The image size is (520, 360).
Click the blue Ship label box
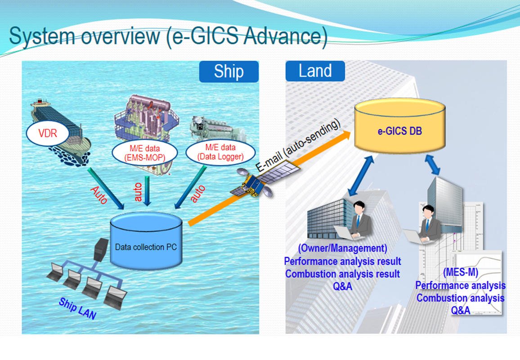[229, 72]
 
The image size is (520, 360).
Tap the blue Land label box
[315, 71]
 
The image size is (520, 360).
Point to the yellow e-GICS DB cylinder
[399, 127]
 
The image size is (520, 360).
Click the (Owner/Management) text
[342, 248]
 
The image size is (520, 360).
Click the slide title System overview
[167, 36]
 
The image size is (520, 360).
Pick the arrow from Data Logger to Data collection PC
[184, 189]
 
